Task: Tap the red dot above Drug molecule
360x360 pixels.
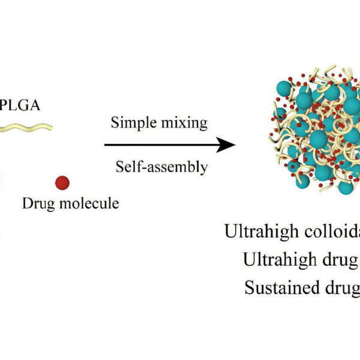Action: pos(62,182)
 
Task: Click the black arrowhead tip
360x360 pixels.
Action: pos(233,145)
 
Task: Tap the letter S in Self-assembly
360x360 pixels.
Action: pos(119,166)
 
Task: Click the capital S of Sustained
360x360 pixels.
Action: pos(250,287)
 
